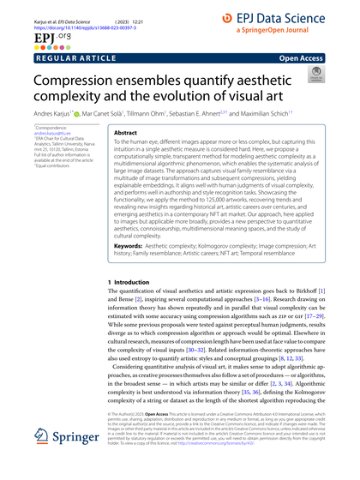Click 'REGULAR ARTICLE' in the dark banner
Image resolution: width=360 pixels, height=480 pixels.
[59, 61]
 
